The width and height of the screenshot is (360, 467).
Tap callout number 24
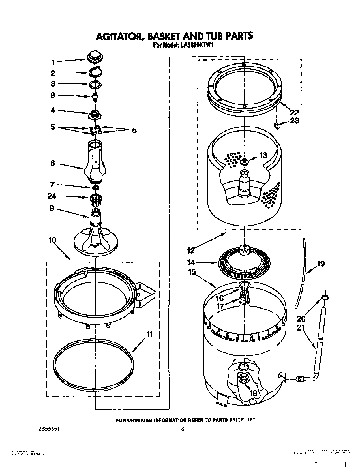(x=52, y=196)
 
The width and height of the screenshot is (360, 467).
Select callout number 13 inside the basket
(x=263, y=155)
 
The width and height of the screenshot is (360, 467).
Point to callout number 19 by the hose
(x=321, y=264)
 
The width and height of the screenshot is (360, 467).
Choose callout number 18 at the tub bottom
(x=253, y=393)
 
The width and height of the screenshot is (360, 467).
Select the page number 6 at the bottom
(x=183, y=429)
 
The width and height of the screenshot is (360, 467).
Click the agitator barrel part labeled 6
(x=95, y=161)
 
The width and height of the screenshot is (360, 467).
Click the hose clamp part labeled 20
(x=325, y=297)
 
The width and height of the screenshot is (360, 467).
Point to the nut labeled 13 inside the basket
(x=244, y=162)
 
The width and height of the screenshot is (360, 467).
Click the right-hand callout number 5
(x=134, y=130)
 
